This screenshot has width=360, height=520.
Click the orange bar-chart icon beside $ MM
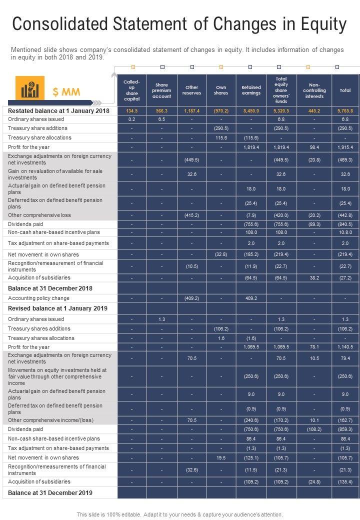click(30, 88)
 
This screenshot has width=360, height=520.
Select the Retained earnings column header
click(251, 90)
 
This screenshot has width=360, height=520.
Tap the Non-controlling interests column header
click(314, 90)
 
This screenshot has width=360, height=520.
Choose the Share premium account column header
click(161, 90)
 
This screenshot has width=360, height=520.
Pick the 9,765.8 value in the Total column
click(345, 110)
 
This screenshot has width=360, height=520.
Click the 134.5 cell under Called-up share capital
click(132, 110)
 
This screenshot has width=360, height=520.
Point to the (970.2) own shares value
click(221, 110)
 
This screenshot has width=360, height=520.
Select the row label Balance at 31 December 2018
click(50, 288)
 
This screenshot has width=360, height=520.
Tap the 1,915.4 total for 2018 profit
click(345, 147)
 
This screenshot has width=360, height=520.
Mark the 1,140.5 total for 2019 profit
click(345, 347)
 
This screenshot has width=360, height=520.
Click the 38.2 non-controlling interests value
click(314, 277)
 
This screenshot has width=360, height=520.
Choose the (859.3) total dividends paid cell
click(345, 429)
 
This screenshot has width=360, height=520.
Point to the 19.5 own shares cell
click(221, 457)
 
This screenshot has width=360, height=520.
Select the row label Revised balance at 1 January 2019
click(58, 308)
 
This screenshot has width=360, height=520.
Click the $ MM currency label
click(66, 91)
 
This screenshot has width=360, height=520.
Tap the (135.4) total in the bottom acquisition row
click(345, 481)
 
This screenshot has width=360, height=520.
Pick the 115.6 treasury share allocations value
click(221, 137)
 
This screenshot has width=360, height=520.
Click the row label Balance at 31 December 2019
click(50, 492)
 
